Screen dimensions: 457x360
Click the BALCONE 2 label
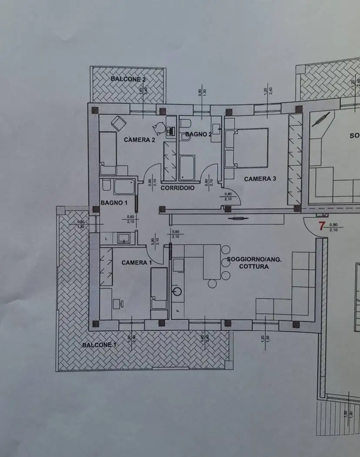coord(128,79)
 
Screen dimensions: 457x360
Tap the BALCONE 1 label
coord(100,345)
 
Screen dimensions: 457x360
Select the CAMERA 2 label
coord(140,140)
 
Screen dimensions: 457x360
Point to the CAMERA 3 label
coord(260,178)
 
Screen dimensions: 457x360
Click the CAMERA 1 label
coord(137,262)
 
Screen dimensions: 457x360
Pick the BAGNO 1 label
coord(114,202)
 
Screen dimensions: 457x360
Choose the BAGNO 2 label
coord(199,134)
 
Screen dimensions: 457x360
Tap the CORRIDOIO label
coord(177,188)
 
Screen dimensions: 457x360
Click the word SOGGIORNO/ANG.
coord(254,259)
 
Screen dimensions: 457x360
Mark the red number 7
coord(322,225)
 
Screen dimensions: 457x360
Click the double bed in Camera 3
coord(251,148)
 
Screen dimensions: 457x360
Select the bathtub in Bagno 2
coord(187,168)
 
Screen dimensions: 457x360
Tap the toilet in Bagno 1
coord(106,187)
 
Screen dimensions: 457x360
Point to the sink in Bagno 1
coord(124,238)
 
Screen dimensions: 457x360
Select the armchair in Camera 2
coord(118,123)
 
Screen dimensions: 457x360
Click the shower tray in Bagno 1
coord(125,188)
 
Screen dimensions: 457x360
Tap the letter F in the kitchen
coord(178,310)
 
